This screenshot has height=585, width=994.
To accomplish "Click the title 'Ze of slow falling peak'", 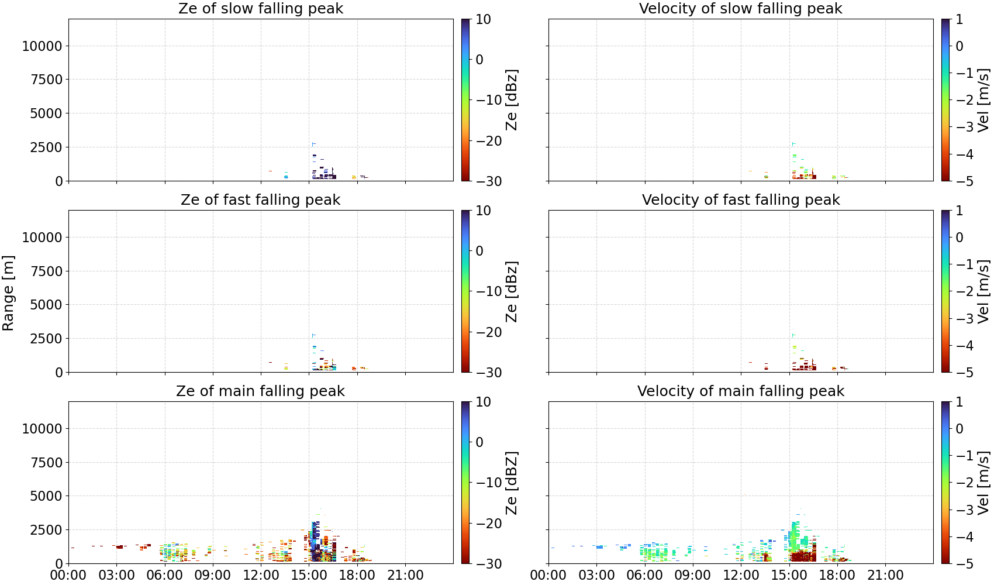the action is pyautogui.click(x=260, y=8).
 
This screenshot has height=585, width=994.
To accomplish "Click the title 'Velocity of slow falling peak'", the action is pyautogui.click(x=741, y=8).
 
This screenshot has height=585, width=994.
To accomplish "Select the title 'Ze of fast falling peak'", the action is pyautogui.click(x=260, y=199).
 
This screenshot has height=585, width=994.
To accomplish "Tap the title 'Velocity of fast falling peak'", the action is pyautogui.click(x=741, y=199).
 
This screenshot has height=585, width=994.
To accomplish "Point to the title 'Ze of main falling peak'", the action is pyautogui.click(x=260, y=391).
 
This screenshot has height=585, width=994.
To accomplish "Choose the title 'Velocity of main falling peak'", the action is pyautogui.click(x=741, y=391).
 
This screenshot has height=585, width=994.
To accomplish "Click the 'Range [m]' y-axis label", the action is pyautogui.click(x=8, y=293).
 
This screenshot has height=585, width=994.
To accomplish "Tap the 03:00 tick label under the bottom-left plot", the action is pyautogui.click(x=117, y=575).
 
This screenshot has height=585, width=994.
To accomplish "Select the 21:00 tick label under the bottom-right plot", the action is pyautogui.click(x=885, y=575).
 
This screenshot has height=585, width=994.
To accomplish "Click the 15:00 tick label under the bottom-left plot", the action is pyautogui.click(x=309, y=575).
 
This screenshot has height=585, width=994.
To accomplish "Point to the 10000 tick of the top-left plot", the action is pyautogui.click(x=42, y=46).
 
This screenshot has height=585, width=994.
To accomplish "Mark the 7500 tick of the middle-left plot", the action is pyautogui.click(x=46, y=271).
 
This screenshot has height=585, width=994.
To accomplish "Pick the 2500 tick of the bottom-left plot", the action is pyautogui.click(x=46, y=529).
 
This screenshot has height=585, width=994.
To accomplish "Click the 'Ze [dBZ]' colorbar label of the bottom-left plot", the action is pyautogui.click(x=511, y=483).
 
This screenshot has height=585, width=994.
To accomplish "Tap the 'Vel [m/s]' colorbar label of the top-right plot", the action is pyautogui.click(x=983, y=100).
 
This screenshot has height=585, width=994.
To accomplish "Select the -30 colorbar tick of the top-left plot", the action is pyautogui.click(x=489, y=181).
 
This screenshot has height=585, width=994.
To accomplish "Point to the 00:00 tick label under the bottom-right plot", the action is pyautogui.click(x=548, y=575).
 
